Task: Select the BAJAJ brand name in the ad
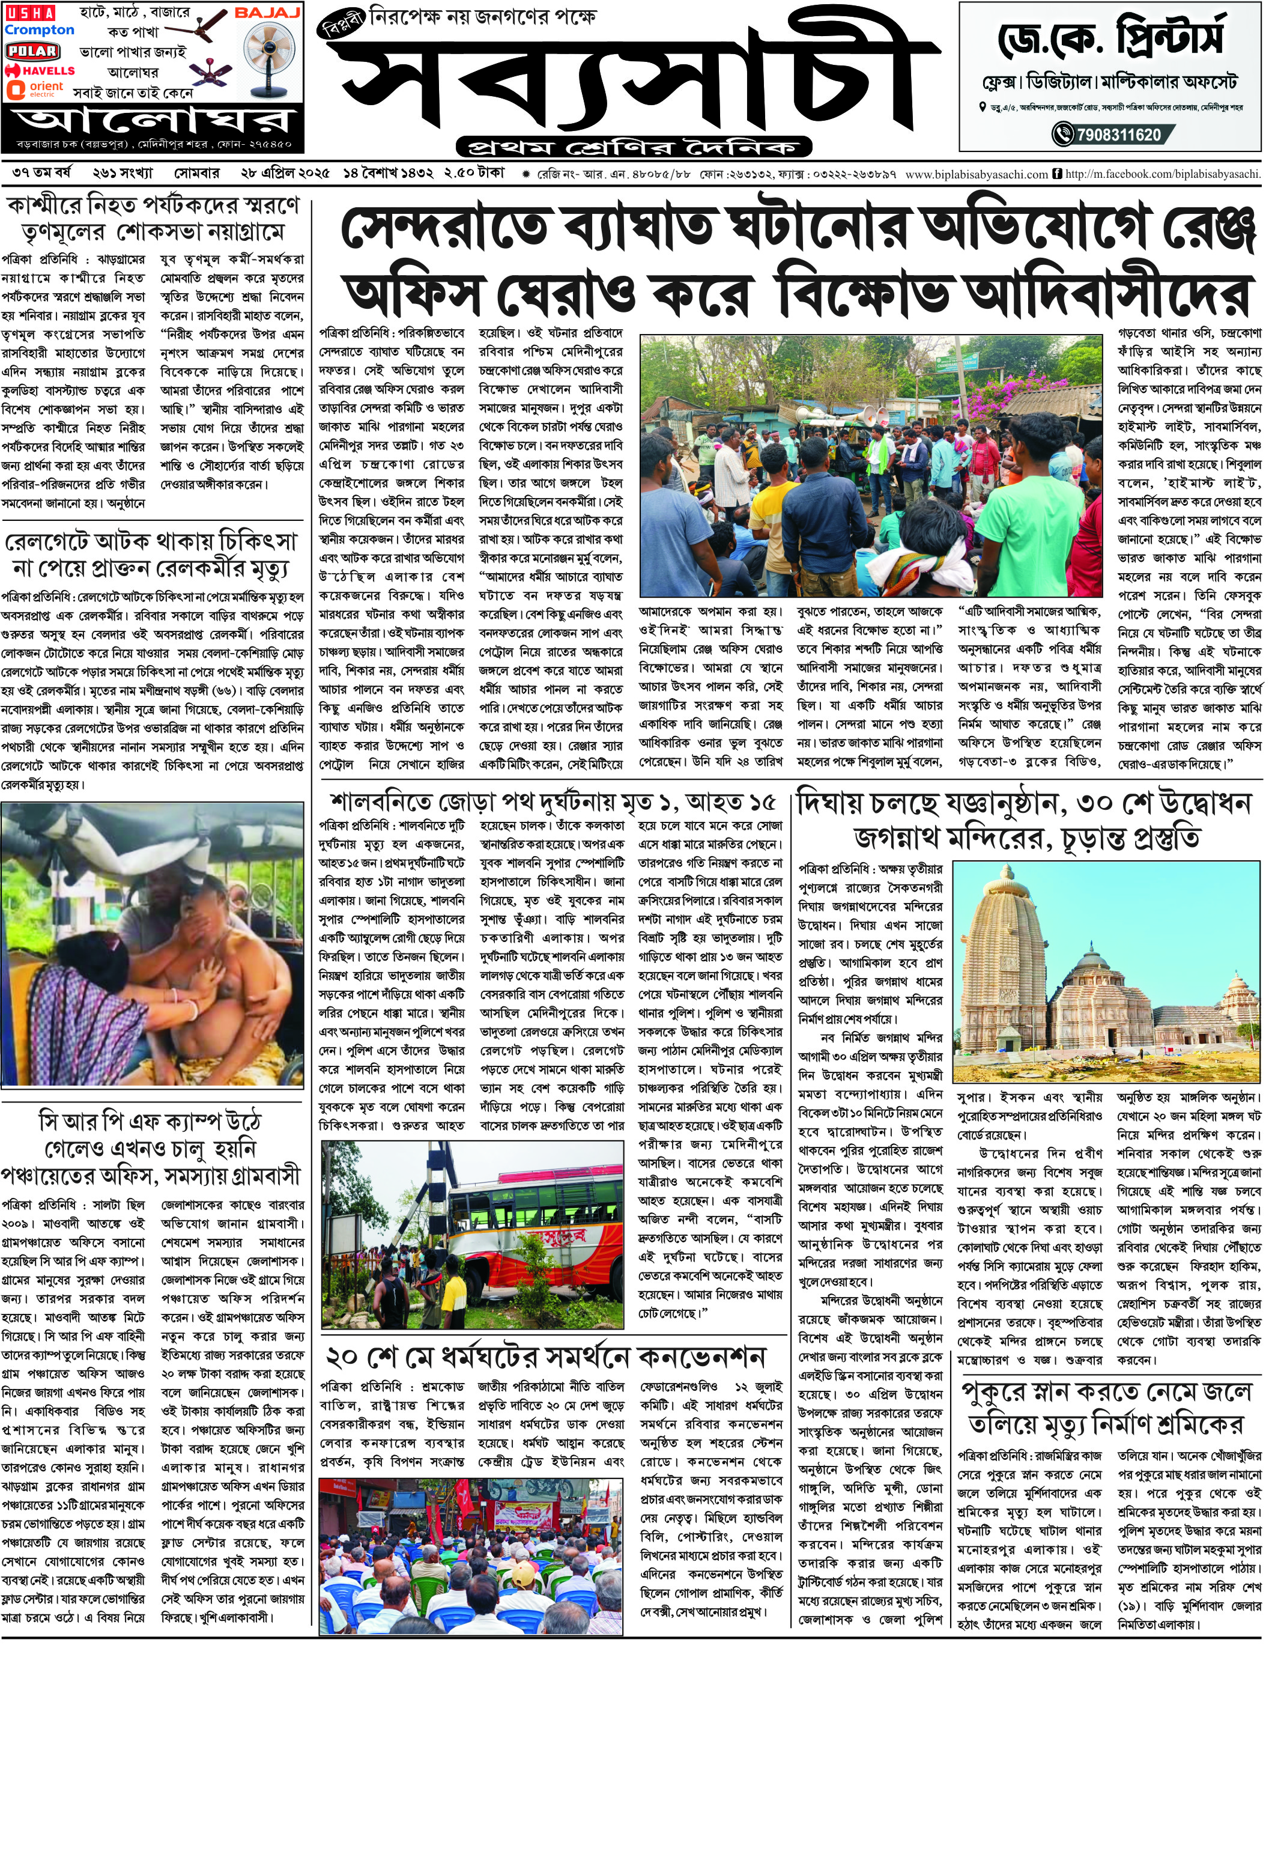coord(267,14)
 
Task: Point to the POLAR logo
coord(32,51)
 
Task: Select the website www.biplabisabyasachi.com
coord(977,174)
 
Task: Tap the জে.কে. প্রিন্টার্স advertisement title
coord(1110,38)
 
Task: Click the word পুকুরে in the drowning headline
coord(999,1391)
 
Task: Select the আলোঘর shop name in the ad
coord(153,121)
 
